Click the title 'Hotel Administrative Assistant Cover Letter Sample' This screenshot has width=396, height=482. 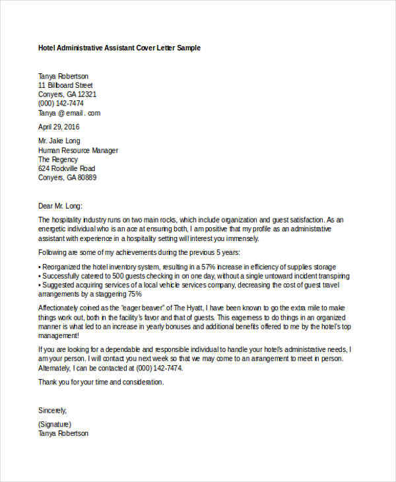(119, 48)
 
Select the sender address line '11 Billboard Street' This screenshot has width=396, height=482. (65, 85)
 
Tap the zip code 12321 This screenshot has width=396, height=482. (87, 94)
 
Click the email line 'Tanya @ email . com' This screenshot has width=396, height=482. (69, 112)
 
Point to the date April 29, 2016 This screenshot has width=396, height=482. (59, 127)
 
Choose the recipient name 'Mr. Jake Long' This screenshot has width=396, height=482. (59, 141)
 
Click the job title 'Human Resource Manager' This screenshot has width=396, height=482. (78, 151)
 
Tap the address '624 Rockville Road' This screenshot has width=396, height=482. (67, 169)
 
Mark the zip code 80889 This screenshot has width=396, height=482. (86, 178)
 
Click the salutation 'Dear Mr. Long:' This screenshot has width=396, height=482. (61, 205)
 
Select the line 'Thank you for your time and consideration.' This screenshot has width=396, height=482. (101, 382)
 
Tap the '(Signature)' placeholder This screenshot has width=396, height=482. (55, 424)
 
